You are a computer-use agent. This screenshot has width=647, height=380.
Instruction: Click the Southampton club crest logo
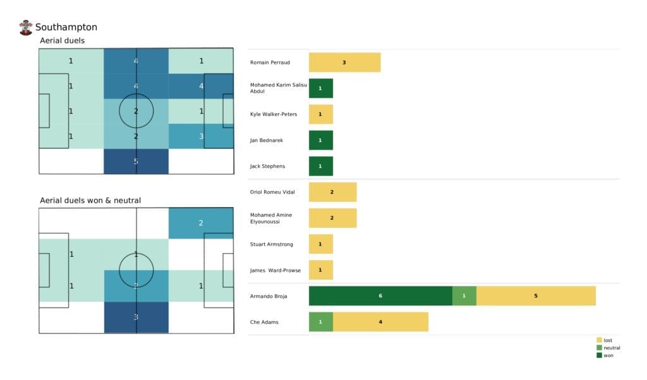coord(26,27)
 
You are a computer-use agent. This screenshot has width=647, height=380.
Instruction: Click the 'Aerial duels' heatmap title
coord(62,40)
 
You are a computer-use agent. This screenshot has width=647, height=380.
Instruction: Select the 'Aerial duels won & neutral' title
coord(90,201)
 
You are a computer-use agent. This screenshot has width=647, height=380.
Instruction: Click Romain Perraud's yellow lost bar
coord(344,62)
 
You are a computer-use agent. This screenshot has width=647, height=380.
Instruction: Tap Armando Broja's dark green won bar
coord(380,295)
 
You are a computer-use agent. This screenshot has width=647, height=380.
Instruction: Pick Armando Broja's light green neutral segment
coord(464,295)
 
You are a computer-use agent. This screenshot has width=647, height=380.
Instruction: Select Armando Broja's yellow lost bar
coord(536,295)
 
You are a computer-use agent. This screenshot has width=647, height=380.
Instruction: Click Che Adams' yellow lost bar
coord(380,321)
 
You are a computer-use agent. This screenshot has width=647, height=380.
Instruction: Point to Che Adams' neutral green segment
coord(320,321)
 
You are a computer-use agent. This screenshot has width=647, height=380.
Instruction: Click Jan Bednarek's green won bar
coord(320,140)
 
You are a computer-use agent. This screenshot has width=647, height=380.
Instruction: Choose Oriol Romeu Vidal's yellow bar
coord(332,192)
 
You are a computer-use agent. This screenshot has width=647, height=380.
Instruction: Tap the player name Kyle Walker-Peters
coord(273,114)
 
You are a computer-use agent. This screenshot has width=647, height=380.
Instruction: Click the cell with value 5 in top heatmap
coord(136,161)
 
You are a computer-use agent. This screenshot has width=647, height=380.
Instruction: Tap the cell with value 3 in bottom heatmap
coord(136,317)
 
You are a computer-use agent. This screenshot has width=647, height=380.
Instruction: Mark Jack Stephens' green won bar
coord(320,166)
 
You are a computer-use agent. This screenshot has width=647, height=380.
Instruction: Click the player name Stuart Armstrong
coord(271,244)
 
